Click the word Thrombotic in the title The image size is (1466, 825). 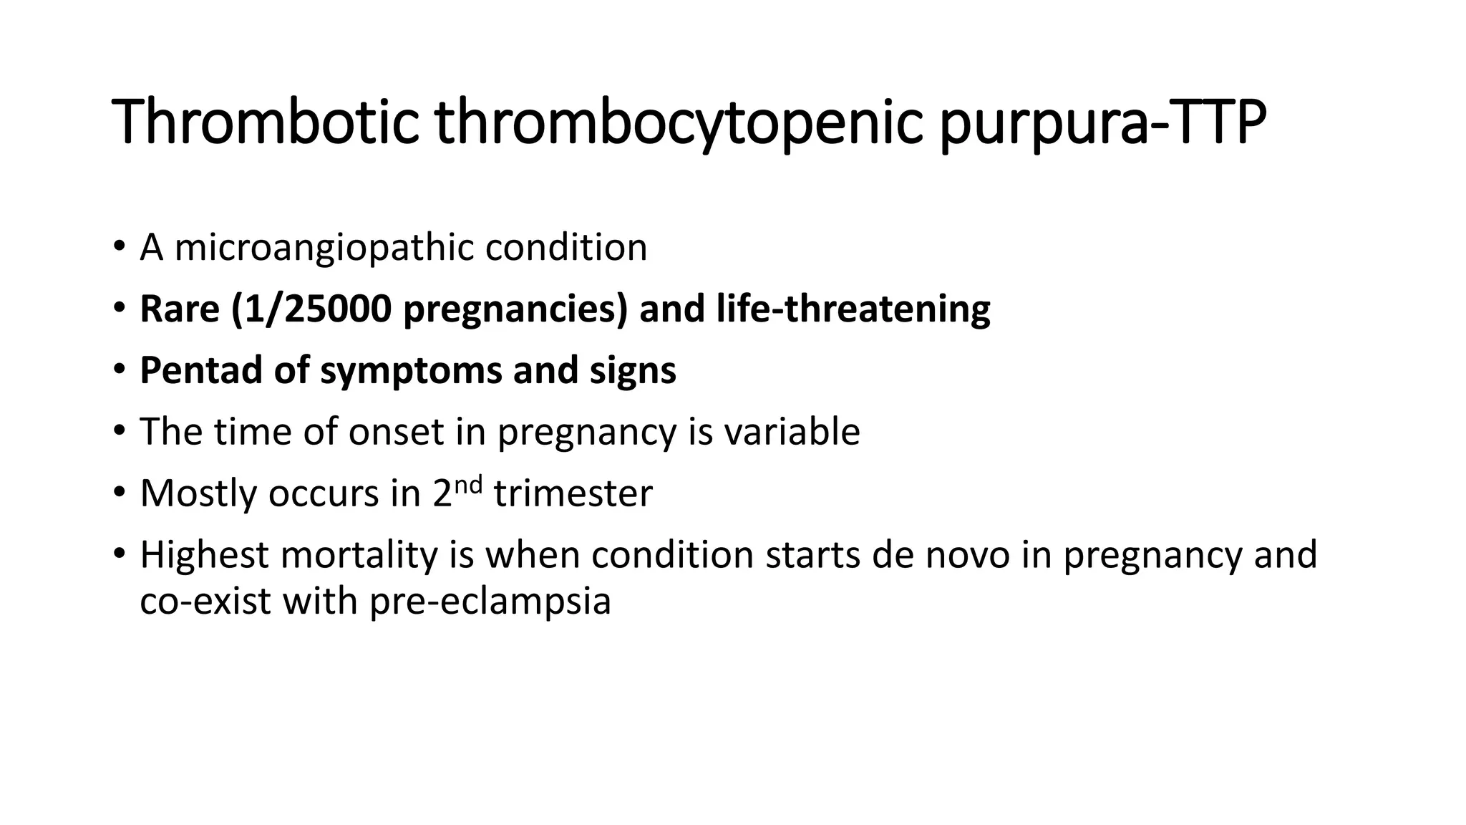click(x=265, y=123)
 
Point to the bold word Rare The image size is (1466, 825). click(x=179, y=309)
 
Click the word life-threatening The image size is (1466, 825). click(x=853, y=309)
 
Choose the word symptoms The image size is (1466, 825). click(x=410, y=371)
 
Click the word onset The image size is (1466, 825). click(x=396, y=432)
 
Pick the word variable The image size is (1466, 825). click(x=792, y=432)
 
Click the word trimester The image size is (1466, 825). click(x=573, y=493)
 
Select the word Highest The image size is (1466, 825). click(x=205, y=555)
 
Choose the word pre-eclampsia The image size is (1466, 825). click(x=490, y=601)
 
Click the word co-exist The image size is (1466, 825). click(x=205, y=601)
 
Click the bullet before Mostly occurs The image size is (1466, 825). click(x=118, y=495)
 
